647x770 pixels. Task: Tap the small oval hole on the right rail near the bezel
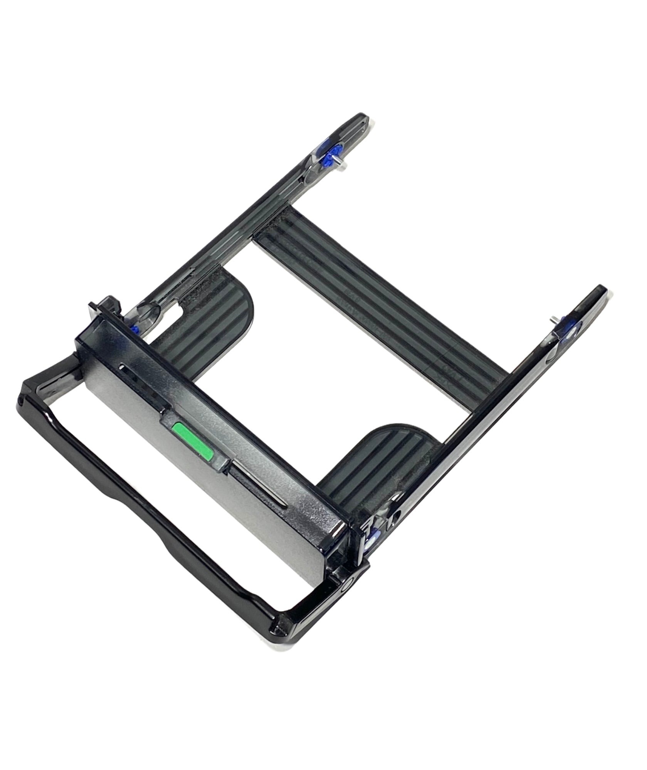(x=395, y=515)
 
